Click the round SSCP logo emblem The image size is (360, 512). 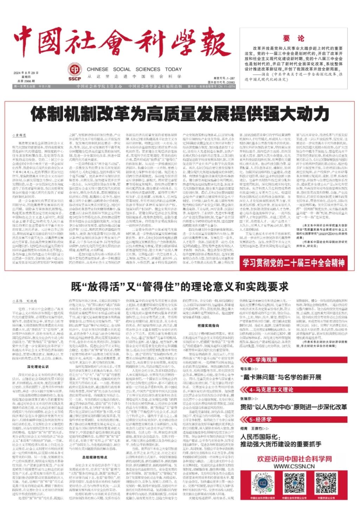(75, 69)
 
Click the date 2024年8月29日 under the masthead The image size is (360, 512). (26, 73)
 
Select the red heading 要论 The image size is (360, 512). (293, 38)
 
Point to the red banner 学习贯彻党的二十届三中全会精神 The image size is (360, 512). (294, 263)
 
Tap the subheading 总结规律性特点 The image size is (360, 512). (95, 457)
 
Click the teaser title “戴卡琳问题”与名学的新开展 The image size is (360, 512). (281, 377)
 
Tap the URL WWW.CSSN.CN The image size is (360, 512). (294, 466)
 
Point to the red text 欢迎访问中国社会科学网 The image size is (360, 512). (294, 459)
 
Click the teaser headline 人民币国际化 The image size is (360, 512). (259, 437)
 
